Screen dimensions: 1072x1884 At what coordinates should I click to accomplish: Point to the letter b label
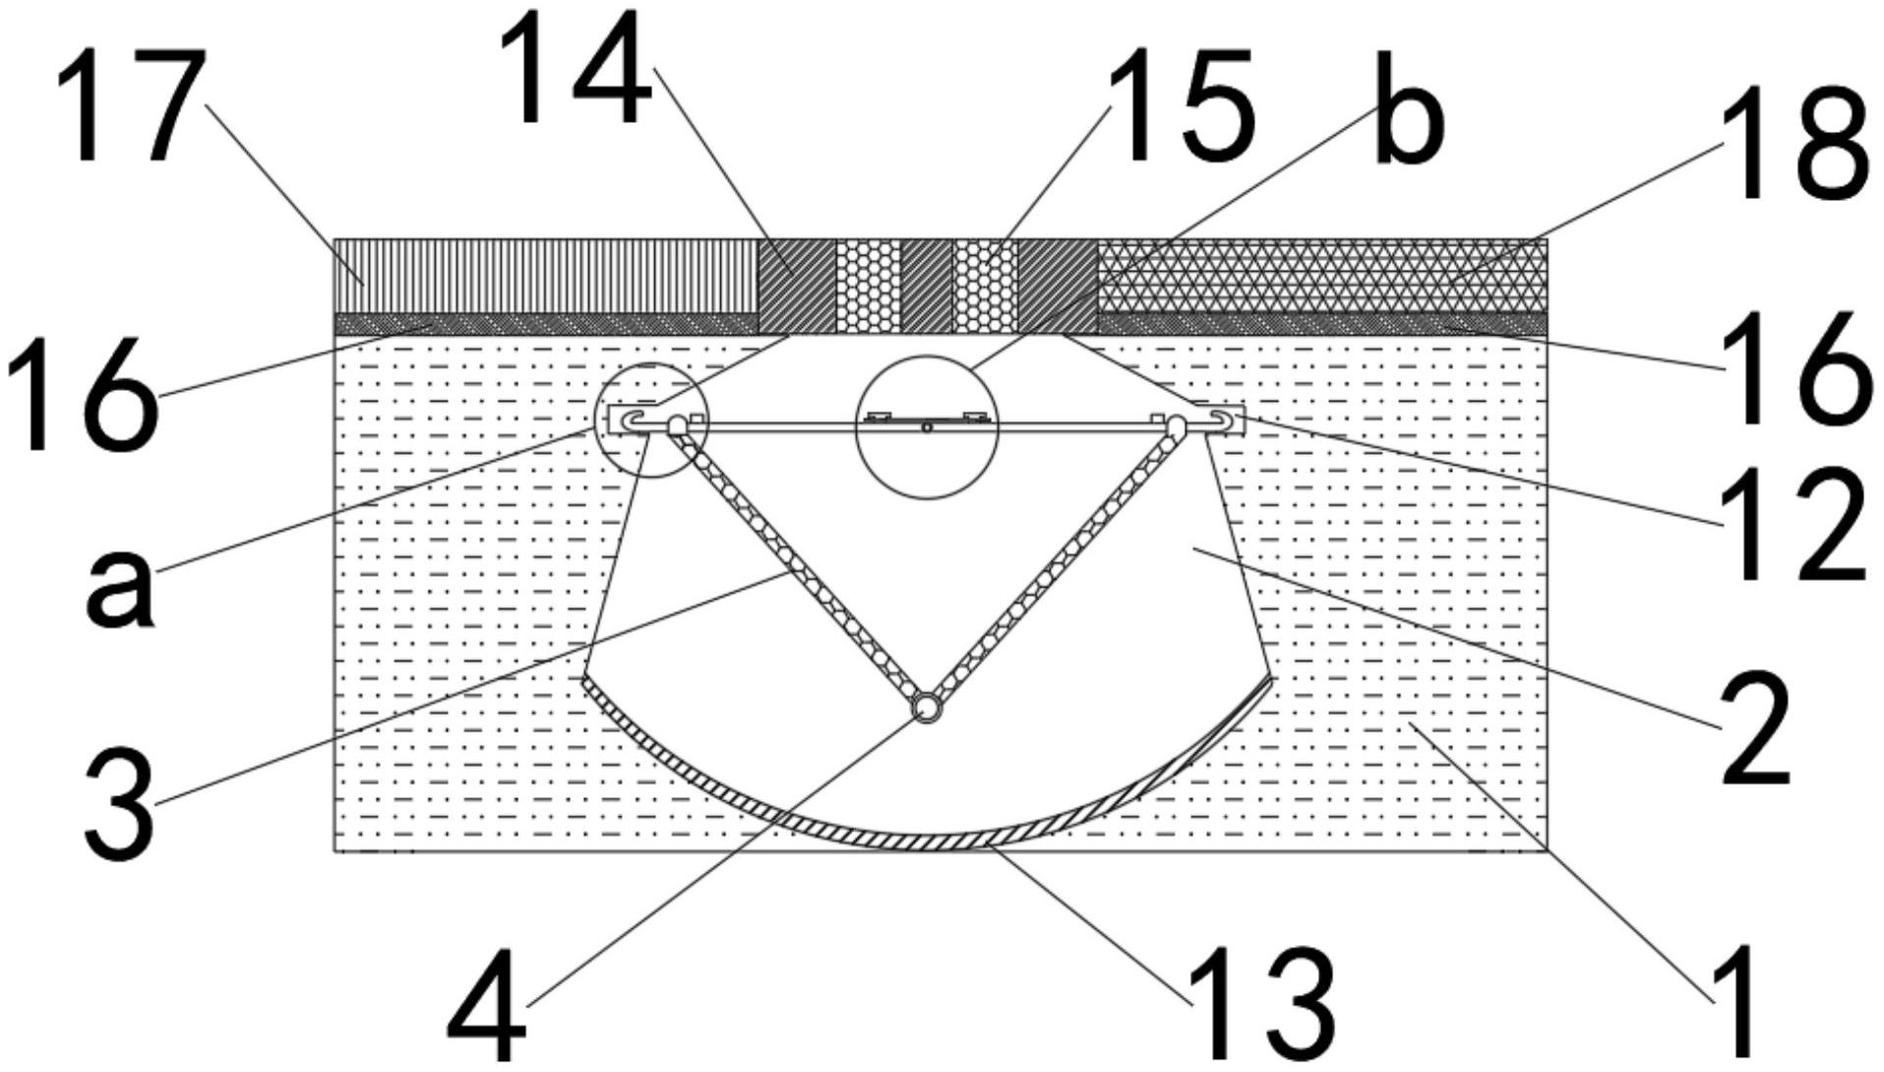coord(1409,110)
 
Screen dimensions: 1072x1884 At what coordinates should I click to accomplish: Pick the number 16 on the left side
coord(81,395)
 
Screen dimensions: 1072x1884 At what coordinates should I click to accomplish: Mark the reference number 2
coord(1753,729)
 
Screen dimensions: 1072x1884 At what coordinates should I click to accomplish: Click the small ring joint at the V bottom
coord(927,707)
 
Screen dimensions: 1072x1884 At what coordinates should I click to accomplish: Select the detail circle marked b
coord(927,426)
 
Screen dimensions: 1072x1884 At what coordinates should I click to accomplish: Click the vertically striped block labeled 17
coord(546,276)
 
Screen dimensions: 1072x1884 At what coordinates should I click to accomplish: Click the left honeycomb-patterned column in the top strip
coord(868,286)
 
